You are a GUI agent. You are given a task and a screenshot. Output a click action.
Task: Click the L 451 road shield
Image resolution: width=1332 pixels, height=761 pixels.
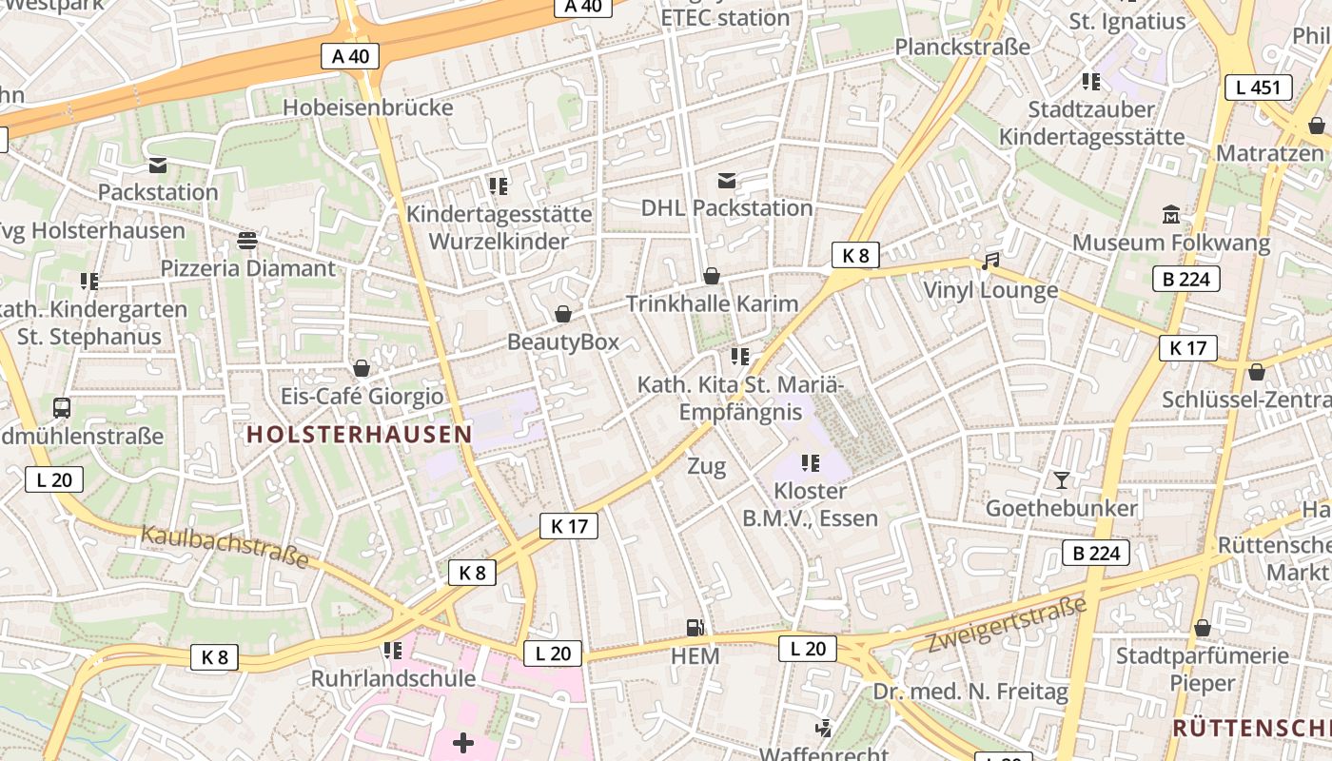click(1258, 88)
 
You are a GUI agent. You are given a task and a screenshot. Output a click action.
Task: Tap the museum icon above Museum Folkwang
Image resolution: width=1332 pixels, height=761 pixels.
click(1171, 214)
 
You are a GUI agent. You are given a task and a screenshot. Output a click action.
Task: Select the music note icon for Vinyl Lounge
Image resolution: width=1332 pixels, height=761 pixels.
click(990, 261)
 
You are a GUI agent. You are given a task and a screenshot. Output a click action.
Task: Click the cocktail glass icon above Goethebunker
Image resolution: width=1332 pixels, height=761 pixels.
click(1062, 479)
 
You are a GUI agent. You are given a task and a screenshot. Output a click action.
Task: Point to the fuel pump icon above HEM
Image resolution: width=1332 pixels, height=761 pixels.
click(695, 628)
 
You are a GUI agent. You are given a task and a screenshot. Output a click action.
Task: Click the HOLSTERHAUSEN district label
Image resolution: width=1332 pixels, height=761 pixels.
click(360, 435)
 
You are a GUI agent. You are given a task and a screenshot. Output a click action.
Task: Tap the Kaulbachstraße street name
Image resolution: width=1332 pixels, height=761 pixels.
click(225, 546)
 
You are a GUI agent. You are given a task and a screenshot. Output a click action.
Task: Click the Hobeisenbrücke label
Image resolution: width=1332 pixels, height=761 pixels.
click(367, 107)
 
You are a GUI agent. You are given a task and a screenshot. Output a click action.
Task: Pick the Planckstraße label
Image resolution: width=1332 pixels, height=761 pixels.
click(962, 47)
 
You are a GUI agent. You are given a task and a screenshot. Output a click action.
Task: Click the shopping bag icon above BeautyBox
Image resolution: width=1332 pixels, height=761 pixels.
click(563, 314)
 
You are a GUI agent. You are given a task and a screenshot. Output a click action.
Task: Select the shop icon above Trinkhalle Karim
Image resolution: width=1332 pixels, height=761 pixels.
click(711, 276)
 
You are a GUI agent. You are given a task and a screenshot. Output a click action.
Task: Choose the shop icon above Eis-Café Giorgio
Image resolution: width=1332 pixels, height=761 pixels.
click(362, 368)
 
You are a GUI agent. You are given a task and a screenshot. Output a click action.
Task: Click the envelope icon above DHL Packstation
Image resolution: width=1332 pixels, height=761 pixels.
click(727, 180)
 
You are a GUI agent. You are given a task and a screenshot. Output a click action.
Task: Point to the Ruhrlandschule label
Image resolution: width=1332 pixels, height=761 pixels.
click(393, 678)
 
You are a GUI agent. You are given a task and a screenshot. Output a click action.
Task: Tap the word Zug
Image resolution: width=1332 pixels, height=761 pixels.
click(706, 466)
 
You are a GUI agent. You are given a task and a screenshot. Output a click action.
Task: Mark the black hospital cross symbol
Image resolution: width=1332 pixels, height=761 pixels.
click(463, 742)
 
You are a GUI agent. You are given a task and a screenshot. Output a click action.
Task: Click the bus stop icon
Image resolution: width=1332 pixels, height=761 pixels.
click(62, 408)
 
